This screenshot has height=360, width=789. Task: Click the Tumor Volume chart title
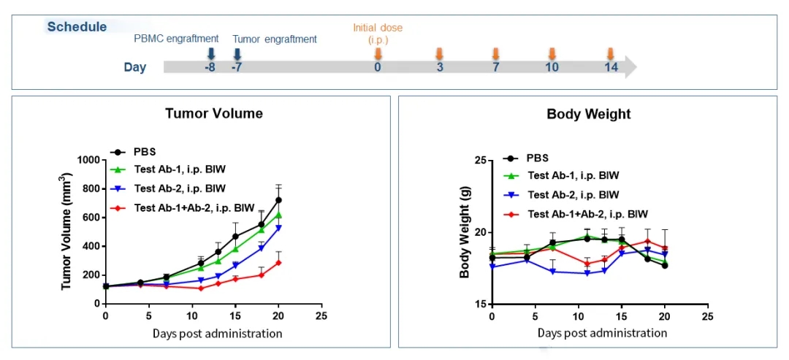(213, 113)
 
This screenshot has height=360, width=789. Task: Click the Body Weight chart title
(588, 114)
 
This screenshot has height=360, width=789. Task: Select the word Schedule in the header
(77, 27)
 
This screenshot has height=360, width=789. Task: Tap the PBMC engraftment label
(176, 39)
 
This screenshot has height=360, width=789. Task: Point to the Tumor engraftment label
(275, 39)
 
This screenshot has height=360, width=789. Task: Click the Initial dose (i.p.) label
(378, 33)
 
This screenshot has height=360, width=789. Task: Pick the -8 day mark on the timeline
(210, 67)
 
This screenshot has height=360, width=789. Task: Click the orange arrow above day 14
(611, 53)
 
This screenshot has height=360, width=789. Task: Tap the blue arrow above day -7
(237, 53)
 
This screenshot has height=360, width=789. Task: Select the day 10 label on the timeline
(552, 67)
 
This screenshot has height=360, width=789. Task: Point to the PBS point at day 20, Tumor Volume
(278, 200)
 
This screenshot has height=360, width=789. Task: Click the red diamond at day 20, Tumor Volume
(278, 262)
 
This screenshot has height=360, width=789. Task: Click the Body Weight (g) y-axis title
(465, 232)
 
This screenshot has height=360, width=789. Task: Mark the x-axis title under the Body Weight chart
(602, 333)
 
